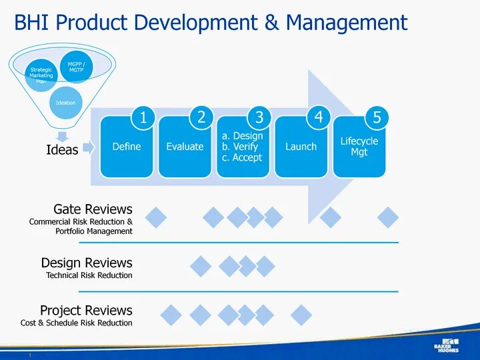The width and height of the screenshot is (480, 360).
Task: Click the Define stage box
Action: (x=127, y=147)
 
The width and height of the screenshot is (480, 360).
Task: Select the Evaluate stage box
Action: (x=185, y=147)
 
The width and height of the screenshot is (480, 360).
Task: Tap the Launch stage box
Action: (x=301, y=147)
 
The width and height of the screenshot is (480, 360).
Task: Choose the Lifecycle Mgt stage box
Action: (x=359, y=147)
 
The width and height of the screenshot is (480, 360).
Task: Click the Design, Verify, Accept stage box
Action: (x=243, y=147)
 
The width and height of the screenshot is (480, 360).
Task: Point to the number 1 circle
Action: (x=143, y=118)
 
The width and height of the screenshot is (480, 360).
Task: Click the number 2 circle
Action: (x=201, y=118)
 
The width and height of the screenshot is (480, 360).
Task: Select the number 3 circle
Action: (x=259, y=118)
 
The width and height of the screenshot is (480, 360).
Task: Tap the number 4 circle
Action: (x=318, y=118)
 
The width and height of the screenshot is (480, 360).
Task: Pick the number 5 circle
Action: (x=377, y=118)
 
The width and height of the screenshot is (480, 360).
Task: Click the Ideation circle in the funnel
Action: (x=65, y=102)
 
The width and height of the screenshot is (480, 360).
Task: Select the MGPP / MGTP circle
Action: (x=76, y=67)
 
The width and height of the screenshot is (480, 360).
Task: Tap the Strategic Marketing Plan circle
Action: (x=41, y=75)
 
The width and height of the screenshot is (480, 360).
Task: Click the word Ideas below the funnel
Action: (x=62, y=150)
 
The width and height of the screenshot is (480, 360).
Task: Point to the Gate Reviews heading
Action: (x=93, y=209)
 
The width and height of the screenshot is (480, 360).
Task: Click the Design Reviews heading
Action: (x=87, y=263)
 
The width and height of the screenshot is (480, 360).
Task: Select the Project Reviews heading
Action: (x=86, y=311)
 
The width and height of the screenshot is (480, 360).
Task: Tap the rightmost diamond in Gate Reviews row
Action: (x=388, y=217)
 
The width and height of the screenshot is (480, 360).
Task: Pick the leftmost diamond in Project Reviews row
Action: (x=171, y=315)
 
